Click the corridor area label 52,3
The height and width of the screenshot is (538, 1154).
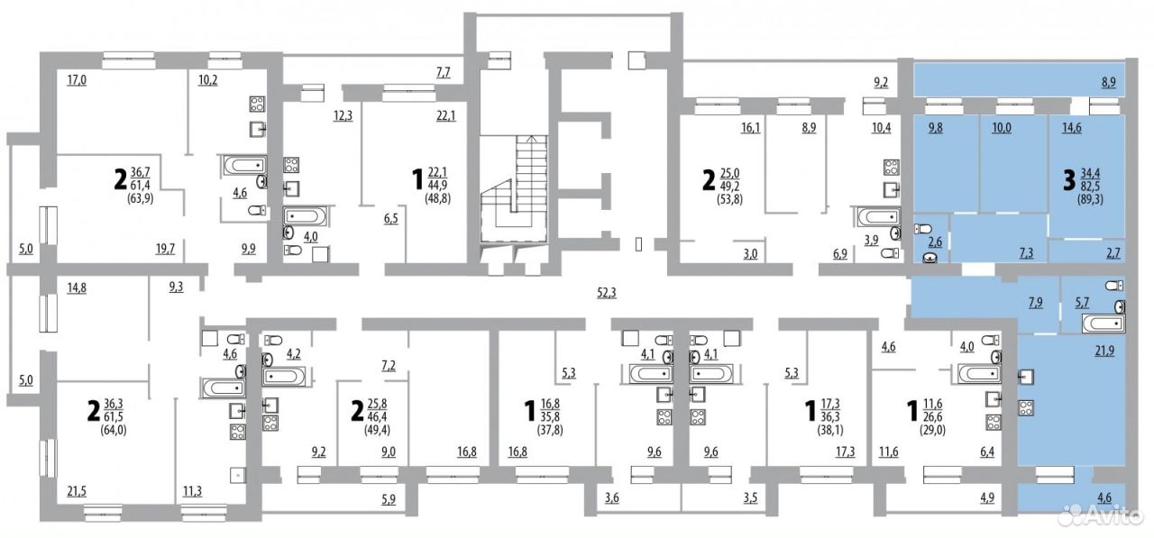tap(607, 293)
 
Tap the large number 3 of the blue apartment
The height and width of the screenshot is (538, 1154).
tap(1069, 181)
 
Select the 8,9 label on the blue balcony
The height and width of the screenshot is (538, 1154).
tap(1109, 82)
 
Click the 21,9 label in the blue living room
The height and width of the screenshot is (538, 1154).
tap(1104, 351)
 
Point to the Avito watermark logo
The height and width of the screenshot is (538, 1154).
tap(1099, 515)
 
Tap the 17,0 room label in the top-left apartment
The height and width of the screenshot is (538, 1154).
tap(77, 80)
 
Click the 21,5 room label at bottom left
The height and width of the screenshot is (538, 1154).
tap(77, 491)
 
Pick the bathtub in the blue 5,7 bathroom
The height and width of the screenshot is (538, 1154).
tap(1103, 324)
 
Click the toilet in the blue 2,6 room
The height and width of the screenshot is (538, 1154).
tap(923, 229)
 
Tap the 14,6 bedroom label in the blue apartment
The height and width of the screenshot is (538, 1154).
tap(1072, 128)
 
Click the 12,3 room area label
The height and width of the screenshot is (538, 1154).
tap(343, 115)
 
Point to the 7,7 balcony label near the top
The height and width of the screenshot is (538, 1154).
tap(443, 72)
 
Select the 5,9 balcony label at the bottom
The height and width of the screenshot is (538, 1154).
tap(389, 499)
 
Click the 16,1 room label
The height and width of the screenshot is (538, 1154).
tap(751, 127)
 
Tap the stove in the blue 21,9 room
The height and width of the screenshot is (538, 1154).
tap(1026, 408)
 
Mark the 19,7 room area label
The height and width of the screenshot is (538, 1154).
tap(165, 250)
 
